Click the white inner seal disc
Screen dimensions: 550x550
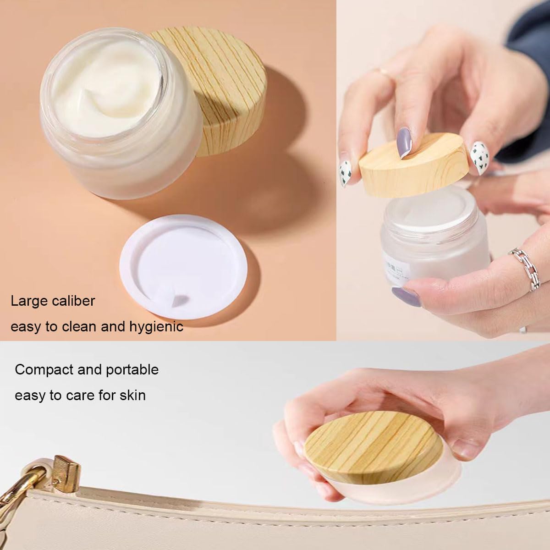183,266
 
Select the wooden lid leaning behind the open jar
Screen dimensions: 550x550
220,87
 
